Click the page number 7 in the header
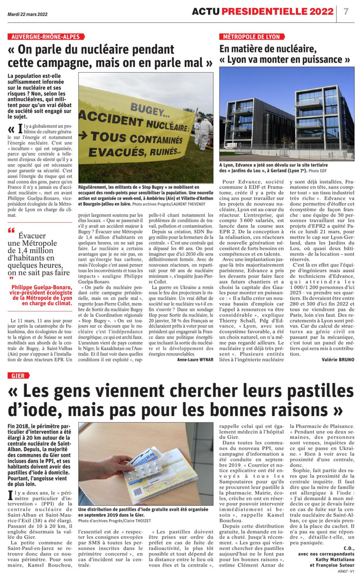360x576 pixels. tap(346, 11)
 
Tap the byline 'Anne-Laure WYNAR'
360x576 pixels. tap(195, 360)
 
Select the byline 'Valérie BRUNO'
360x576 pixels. tap(338, 360)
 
